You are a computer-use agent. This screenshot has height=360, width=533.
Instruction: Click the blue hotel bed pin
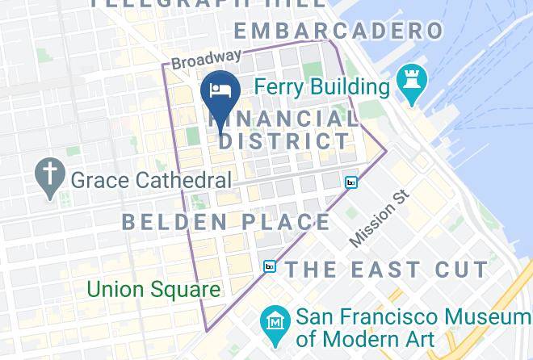click(x=219, y=90)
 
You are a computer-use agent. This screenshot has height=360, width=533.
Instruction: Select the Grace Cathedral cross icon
click(x=50, y=177)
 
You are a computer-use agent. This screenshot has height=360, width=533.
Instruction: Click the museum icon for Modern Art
click(x=277, y=322)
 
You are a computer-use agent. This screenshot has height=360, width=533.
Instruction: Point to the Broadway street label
click(x=207, y=59)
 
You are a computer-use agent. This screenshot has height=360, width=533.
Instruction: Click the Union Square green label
click(x=153, y=288)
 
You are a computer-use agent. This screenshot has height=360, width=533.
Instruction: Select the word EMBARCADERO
click(x=338, y=31)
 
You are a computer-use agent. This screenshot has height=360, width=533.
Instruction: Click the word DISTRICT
click(x=285, y=140)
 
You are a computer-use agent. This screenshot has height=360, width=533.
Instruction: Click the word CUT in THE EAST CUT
click(x=460, y=269)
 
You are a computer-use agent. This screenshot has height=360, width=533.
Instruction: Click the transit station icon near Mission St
click(x=350, y=182)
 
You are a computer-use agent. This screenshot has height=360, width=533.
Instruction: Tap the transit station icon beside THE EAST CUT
click(x=270, y=266)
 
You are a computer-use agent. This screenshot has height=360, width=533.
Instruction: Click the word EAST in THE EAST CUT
click(x=387, y=269)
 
